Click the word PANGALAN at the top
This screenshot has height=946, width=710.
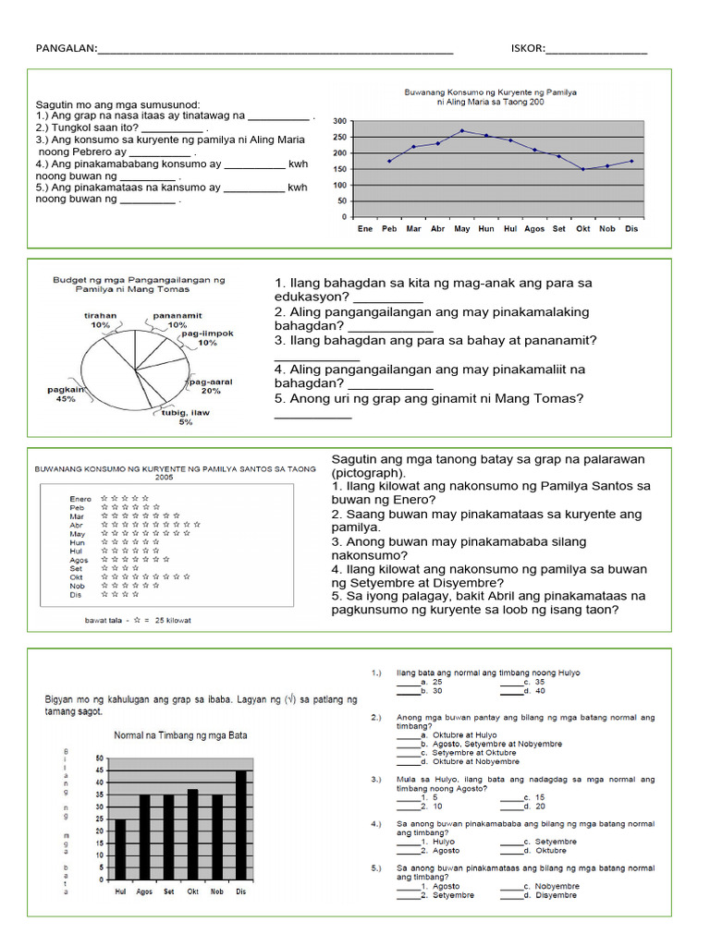65,49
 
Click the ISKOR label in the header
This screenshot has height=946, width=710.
527,49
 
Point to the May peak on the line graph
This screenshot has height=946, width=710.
462,131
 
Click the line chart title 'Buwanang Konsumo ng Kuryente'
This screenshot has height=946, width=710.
490,93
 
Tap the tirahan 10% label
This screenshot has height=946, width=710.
100,320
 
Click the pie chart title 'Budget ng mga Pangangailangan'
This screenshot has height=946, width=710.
138,283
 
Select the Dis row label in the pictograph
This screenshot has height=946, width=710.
76,595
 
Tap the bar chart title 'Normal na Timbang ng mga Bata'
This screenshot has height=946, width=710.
180,735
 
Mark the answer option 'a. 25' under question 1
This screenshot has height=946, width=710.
417,682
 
